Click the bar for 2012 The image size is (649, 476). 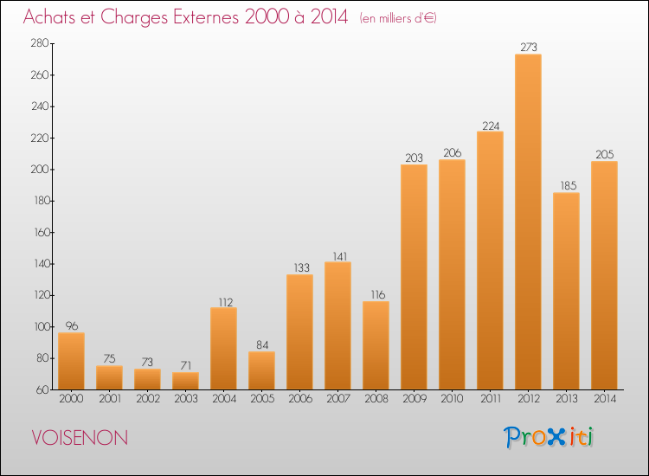click(x=528, y=222)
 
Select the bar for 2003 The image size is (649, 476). click(x=185, y=381)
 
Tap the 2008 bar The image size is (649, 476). click(x=376, y=345)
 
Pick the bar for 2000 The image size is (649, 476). click(x=71, y=361)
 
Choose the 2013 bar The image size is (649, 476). click(x=566, y=291)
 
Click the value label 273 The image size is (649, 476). click(x=529, y=48)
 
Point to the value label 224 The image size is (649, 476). click(x=491, y=125)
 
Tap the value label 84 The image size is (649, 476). click(x=262, y=344)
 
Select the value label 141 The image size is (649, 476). click(x=340, y=257)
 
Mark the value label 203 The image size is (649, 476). click(x=414, y=158)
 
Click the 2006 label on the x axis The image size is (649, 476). click(x=300, y=399)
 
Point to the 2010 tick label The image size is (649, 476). click(x=452, y=399)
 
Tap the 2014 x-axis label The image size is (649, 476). click(x=605, y=399)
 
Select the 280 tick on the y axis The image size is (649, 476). click(x=40, y=43)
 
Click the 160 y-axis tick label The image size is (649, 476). click(x=42, y=232)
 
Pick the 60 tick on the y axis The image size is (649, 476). click(x=42, y=389)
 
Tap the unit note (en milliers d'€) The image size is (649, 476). click(x=398, y=18)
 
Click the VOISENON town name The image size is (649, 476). click(x=80, y=438)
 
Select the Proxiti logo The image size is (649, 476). click(x=549, y=437)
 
